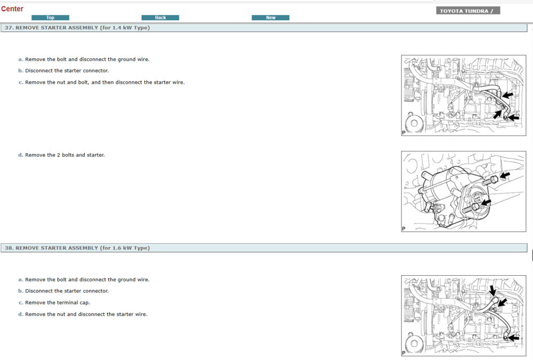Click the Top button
point(50,18)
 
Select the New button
point(270,18)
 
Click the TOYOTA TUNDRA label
point(467,11)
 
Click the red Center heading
point(12,9)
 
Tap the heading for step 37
point(77,28)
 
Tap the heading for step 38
point(77,248)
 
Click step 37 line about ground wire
point(87,59)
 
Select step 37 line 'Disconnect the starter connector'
point(67,70)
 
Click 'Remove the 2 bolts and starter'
point(64,155)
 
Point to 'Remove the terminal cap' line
point(58,302)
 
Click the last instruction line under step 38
point(86,314)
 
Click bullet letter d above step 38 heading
point(20,155)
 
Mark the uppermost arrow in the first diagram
point(508,95)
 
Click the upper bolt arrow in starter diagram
point(504,175)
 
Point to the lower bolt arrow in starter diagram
point(487,202)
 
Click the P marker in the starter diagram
point(403,229)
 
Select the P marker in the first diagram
point(403,133)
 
